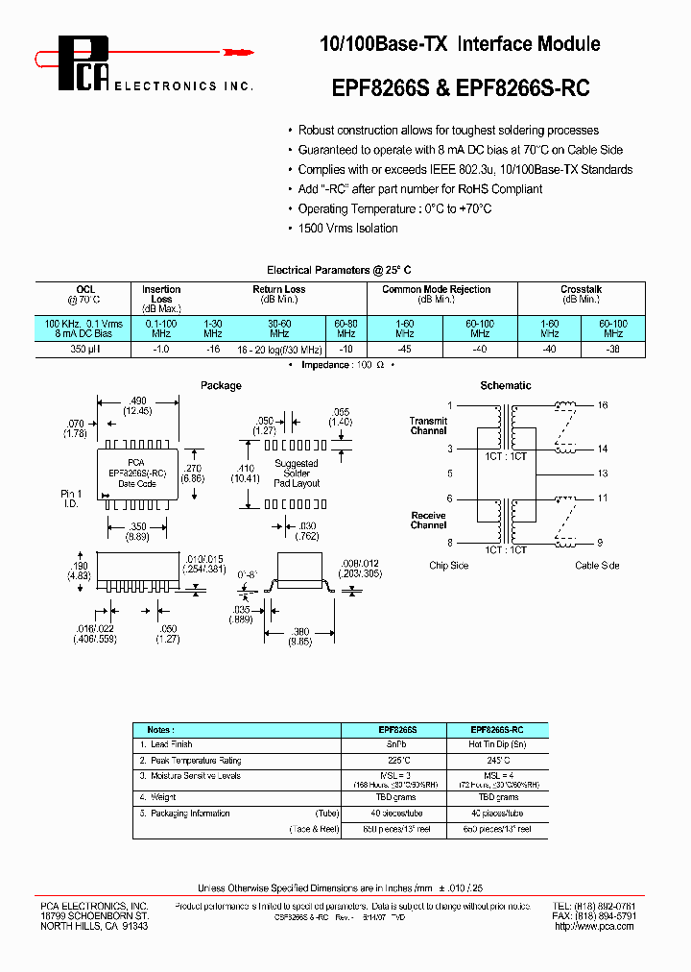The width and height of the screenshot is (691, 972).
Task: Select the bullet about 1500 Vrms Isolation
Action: pyautogui.click(x=347, y=229)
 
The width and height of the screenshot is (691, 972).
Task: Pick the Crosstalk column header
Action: pyautogui.click(x=581, y=289)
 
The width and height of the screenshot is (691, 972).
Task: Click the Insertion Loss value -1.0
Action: pyautogui.click(x=161, y=352)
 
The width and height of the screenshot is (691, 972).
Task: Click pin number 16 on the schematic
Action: pyautogui.click(x=603, y=405)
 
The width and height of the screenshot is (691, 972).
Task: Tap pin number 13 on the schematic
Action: pyautogui.click(x=603, y=474)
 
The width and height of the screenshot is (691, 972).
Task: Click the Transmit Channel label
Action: pyautogui.click(x=428, y=425)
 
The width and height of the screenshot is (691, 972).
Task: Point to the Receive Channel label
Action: pyautogui.click(x=428, y=521)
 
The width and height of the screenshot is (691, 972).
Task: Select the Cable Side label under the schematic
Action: pyautogui.click(x=597, y=566)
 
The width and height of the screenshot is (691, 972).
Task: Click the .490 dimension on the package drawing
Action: pyautogui.click(x=137, y=400)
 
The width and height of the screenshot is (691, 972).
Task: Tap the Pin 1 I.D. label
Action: pyautogui.click(x=73, y=498)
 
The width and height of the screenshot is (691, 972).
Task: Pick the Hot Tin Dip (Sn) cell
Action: pyautogui.click(x=495, y=744)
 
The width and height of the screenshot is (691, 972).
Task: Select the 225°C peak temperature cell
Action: pyautogui.click(x=393, y=760)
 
